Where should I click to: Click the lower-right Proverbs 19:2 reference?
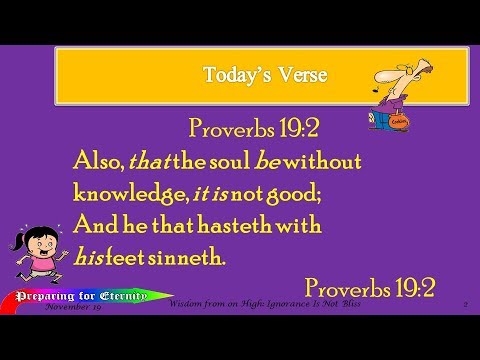tap(370, 289)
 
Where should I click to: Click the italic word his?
tap(90, 257)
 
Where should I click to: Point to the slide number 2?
tap(465, 304)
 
